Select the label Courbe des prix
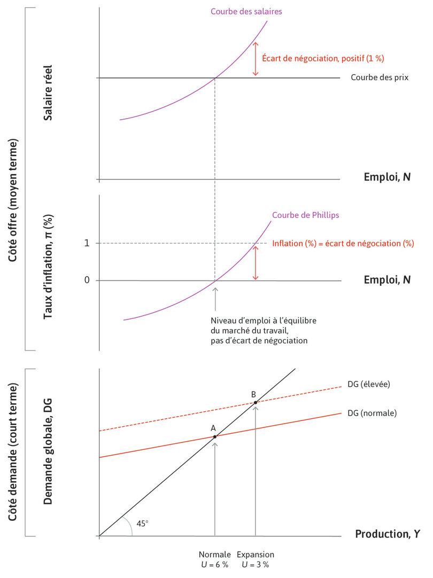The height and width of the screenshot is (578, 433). pyautogui.click(x=380, y=77)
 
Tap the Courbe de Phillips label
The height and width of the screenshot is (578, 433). pyautogui.click(x=306, y=215)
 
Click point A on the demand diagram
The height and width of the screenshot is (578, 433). pyautogui.click(x=215, y=436)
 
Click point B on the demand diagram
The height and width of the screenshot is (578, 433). pyautogui.click(x=256, y=402)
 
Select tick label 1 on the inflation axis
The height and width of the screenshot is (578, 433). pyautogui.click(x=87, y=243)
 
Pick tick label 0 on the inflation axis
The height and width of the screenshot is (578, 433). pyautogui.click(x=87, y=280)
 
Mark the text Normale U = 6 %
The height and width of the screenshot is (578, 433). pyautogui.click(x=215, y=559)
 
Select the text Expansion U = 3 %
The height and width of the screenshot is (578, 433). pyautogui.click(x=255, y=559)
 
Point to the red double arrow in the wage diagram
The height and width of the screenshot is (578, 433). pyautogui.click(x=256, y=58)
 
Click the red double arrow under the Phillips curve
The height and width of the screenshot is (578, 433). pyautogui.click(x=256, y=262)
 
